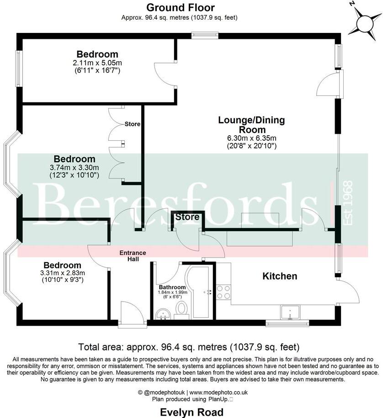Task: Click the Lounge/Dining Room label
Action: (x=251, y=125)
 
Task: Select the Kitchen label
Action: (x=280, y=276)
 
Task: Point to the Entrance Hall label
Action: (x=133, y=256)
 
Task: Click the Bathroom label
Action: (x=172, y=287)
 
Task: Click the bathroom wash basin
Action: (x=162, y=314)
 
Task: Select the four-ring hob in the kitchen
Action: (x=223, y=291)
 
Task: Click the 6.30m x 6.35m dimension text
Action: (x=251, y=138)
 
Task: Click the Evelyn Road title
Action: (x=191, y=413)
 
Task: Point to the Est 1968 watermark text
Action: (x=349, y=203)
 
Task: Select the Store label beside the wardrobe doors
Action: (x=133, y=124)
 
